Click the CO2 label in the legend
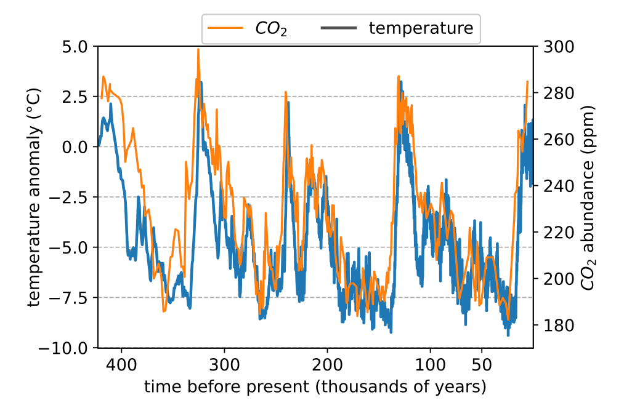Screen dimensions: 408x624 pos(271,28)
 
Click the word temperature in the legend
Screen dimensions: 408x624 pos(421,28)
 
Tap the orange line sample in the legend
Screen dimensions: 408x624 pos(225,28)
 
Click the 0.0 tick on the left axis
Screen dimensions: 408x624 pos(79,147)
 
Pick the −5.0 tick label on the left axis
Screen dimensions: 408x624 pos(75,247)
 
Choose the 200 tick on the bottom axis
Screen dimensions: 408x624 pos(327,364)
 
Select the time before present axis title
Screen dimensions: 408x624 pos(315,387)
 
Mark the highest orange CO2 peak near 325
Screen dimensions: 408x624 pos(198,50)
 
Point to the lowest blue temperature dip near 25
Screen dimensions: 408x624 pos(508,334)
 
